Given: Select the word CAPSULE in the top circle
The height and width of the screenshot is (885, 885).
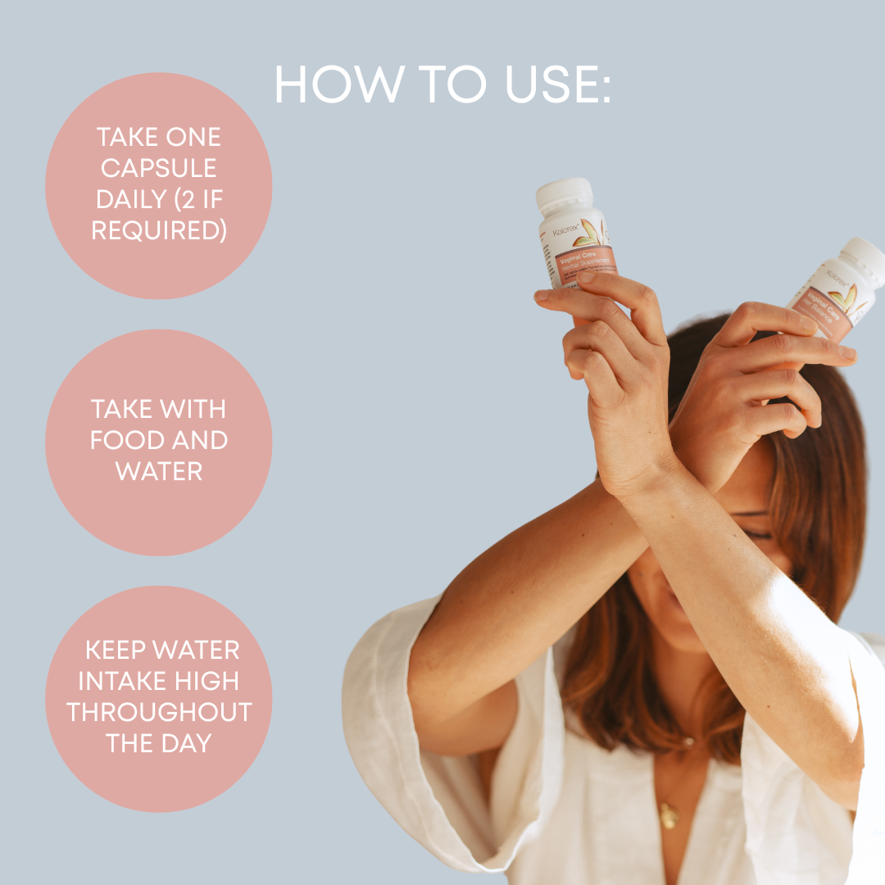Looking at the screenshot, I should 158,168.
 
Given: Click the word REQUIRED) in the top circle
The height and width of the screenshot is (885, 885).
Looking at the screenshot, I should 159,230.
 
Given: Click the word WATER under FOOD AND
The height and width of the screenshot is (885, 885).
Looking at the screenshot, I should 158,471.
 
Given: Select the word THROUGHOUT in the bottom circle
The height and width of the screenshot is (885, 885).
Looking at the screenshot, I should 159,712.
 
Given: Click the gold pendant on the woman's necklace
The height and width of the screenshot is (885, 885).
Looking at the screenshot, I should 669,816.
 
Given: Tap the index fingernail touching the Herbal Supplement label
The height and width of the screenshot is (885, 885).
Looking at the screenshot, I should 586,277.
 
